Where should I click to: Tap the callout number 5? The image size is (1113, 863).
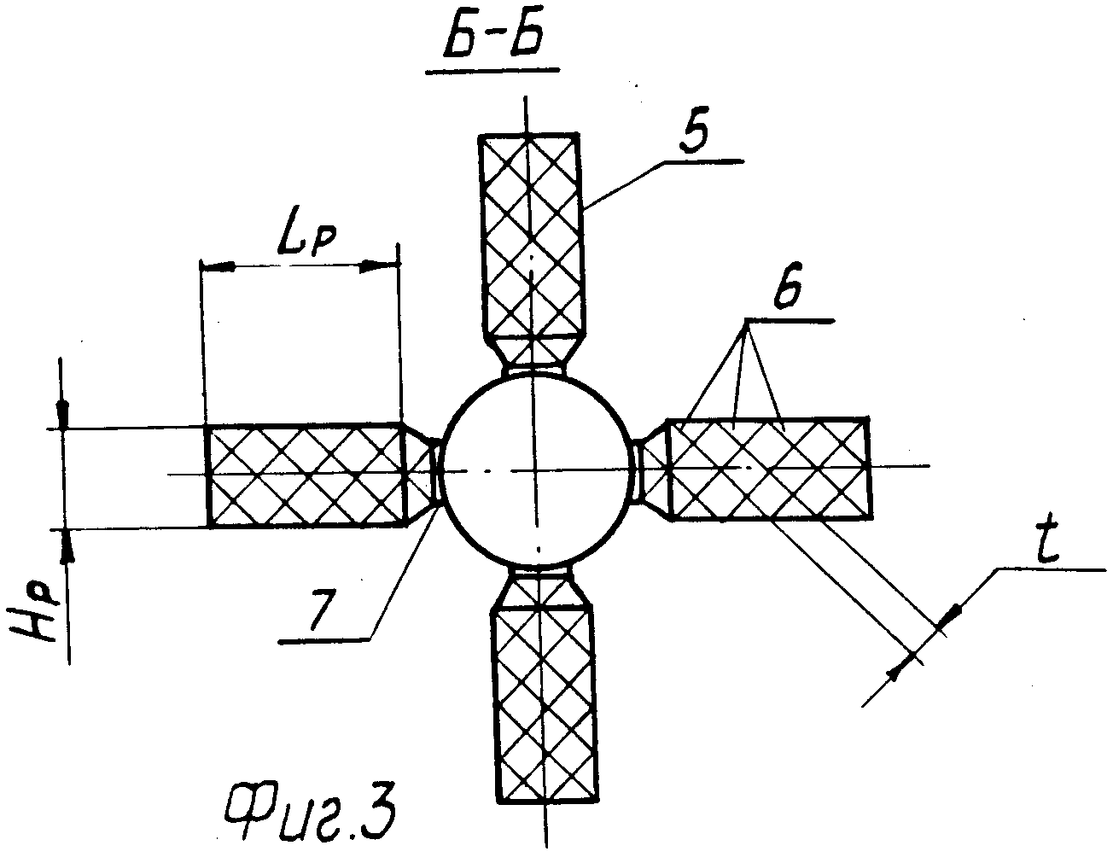coord(694,129)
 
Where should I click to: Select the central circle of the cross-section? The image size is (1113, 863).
coord(535,468)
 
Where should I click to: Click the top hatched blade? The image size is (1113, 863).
coord(533,236)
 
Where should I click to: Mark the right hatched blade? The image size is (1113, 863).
coord(769,469)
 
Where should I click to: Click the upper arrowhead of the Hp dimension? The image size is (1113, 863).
coord(62,414)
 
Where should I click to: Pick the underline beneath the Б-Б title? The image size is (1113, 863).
coord(492,71)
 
